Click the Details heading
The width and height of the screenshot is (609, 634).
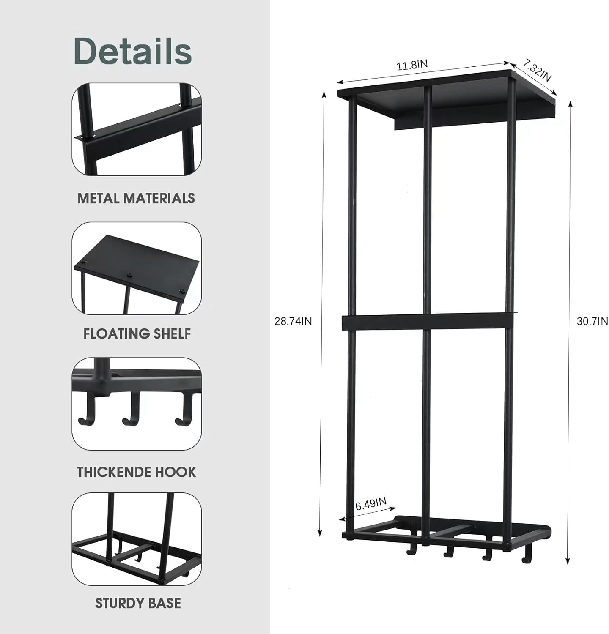(x=133, y=51)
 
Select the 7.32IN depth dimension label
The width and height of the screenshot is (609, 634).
(x=537, y=71)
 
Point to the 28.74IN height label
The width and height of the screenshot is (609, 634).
(x=293, y=321)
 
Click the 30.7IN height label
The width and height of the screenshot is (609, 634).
(x=592, y=321)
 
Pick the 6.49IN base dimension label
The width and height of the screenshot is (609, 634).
(x=371, y=504)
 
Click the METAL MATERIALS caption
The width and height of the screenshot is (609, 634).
(x=136, y=198)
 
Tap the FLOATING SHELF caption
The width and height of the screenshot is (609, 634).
(x=137, y=333)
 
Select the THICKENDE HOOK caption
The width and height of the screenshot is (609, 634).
(x=137, y=472)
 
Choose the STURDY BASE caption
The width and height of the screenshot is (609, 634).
(x=138, y=603)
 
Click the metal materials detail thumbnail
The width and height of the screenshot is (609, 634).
(x=137, y=129)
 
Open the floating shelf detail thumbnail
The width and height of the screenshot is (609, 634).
(x=137, y=268)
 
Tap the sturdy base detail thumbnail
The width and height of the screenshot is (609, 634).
(x=137, y=539)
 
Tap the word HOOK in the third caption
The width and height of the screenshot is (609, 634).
(x=176, y=472)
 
